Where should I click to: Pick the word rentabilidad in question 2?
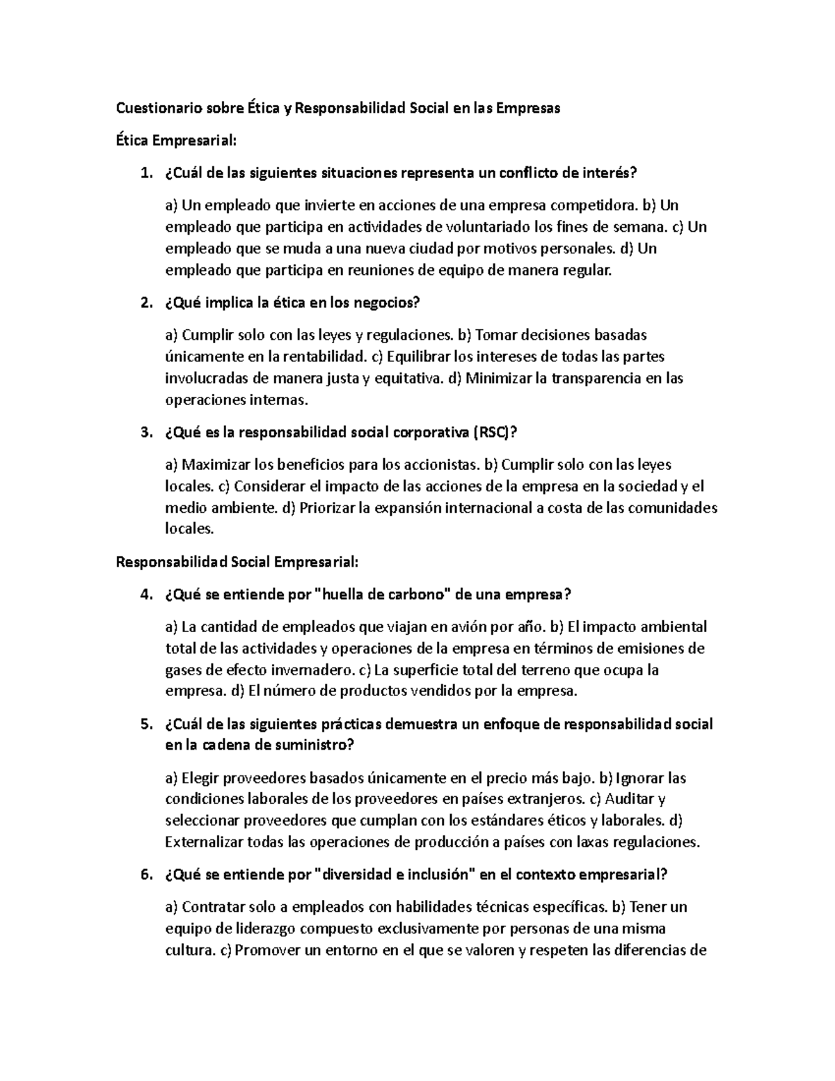coord(324,357)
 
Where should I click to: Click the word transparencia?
coord(582,379)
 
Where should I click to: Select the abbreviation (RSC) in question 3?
coord(495,433)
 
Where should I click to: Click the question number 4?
coord(145,594)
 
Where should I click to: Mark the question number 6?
coord(145,875)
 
